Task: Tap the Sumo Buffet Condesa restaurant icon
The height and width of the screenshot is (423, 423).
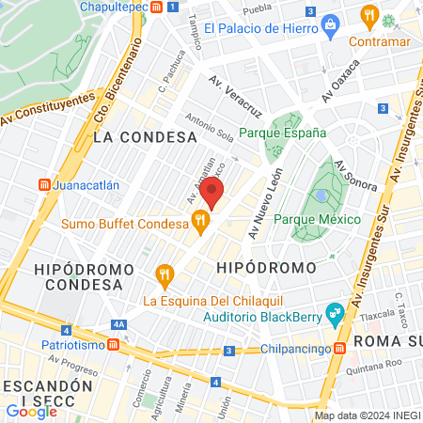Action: click(x=199, y=223)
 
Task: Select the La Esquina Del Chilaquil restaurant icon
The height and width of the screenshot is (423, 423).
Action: click(x=165, y=275)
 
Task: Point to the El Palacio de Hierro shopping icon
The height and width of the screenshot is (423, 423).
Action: click(x=330, y=27)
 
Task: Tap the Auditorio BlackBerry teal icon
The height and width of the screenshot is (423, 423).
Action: click(x=334, y=313)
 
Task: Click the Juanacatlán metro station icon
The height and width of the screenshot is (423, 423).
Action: click(x=43, y=185)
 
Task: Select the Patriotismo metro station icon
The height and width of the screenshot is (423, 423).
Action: click(x=114, y=344)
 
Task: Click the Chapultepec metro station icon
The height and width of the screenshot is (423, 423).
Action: click(x=172, y=7)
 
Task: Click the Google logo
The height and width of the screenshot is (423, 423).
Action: click(x=31, y=410)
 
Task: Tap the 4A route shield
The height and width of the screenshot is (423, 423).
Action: click(x=118, y=324)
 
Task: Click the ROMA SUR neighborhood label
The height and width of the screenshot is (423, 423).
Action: click(x=387, y=340)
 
